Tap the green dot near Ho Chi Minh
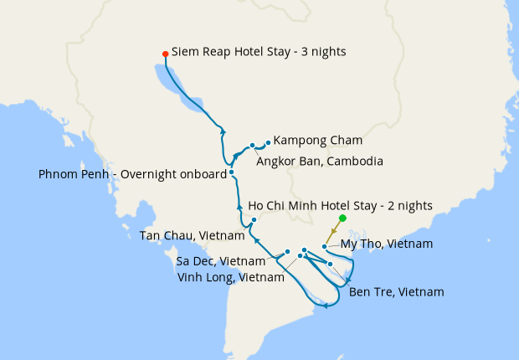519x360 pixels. (342, 219)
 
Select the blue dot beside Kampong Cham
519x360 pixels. (268, 142)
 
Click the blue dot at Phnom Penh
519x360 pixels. (232, 172)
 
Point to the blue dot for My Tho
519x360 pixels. (326, 248)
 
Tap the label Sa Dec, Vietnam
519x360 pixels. (220, 261)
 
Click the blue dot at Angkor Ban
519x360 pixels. (252, 146)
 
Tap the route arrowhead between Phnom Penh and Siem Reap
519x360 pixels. (223, 131)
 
